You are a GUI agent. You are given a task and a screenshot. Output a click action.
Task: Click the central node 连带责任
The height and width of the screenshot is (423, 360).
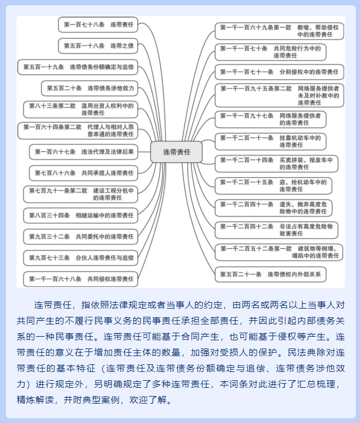coord(176,152)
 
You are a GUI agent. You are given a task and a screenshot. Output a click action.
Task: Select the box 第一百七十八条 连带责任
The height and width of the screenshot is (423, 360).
coord(98,25)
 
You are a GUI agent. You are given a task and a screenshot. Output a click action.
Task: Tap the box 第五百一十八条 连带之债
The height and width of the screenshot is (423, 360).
coord(98,46)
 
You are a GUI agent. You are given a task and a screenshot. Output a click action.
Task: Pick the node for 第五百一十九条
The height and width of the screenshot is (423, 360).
coord(78,67)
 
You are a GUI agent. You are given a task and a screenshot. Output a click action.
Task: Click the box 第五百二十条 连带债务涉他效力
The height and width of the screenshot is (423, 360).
coord(90,88)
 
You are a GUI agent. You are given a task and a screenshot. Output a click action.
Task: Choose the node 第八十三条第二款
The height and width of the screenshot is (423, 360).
coord(80,109)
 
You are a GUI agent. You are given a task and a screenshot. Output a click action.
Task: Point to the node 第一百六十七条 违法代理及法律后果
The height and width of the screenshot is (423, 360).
coord(84,152)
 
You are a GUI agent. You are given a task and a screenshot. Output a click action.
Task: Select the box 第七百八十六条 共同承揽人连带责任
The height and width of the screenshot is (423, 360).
coord(84,173)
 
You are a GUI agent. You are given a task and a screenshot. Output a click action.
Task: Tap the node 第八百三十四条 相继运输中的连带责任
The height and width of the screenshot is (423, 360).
coord(80,215)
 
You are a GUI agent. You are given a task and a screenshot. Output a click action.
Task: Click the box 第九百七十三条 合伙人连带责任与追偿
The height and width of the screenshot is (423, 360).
coord(80,258)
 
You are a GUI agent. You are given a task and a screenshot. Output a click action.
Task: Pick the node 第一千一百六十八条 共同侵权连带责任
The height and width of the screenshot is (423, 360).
coord(80,279)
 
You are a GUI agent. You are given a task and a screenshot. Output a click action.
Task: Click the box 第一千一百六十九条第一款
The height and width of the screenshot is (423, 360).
coord(280,31)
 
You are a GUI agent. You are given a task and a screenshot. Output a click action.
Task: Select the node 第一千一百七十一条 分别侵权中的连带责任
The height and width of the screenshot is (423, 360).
coord(280,72)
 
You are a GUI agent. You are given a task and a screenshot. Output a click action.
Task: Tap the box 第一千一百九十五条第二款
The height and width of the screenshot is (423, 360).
coord(280,96)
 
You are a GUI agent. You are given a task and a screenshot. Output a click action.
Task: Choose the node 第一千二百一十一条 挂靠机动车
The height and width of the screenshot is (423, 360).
coord(271,141)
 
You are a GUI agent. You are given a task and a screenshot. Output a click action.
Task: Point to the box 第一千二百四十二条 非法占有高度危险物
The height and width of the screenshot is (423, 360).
coord(277,230)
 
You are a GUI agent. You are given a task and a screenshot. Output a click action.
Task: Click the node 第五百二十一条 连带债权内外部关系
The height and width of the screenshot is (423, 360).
coord(271,275)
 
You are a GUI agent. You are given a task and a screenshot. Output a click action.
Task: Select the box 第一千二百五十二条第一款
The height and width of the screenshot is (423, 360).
coord(279,252)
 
